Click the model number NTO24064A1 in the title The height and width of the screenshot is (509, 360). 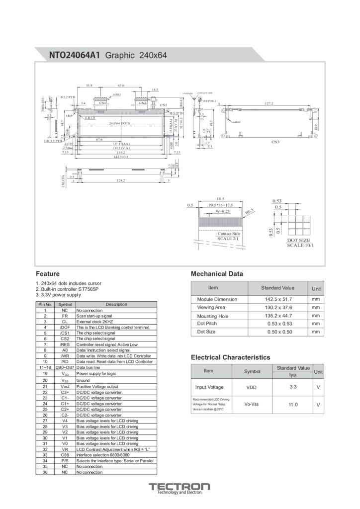point(75,56)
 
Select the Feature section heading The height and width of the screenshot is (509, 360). point(48,273)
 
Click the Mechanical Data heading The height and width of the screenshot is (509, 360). point(217,274)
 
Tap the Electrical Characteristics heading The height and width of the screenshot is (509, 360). point(231,357)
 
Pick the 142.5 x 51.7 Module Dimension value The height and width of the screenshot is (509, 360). point(278,299)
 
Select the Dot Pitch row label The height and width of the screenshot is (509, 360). point(208,324)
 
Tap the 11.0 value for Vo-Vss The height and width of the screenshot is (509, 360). point(293,405)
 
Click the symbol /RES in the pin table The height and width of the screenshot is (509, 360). point(65,344)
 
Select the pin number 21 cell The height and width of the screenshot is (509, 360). point(45,386)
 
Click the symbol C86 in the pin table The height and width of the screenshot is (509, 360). point(65,455)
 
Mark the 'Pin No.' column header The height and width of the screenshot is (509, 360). point(45,304)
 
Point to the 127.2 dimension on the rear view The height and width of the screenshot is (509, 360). point(269,103)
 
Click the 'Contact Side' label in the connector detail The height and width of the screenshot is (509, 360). point(229,233)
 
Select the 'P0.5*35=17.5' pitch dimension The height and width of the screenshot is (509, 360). point(220,205)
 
